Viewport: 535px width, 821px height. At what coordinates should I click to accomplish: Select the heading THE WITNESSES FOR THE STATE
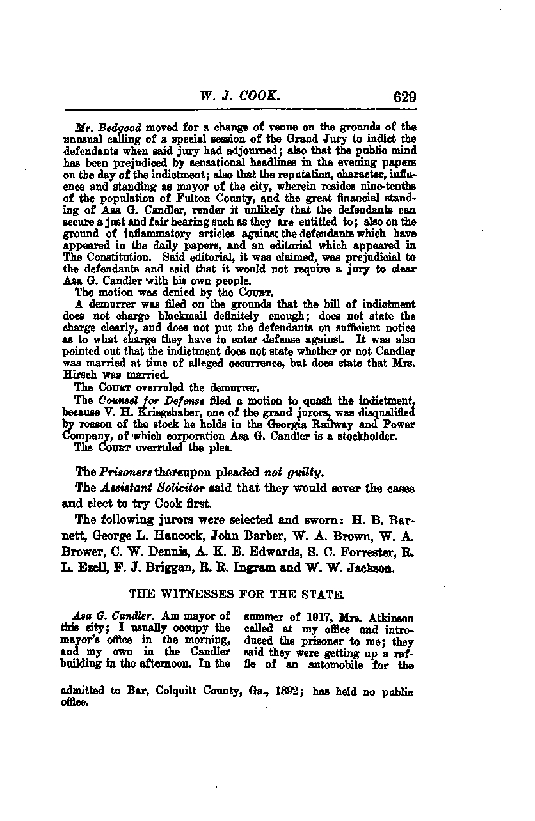(x=237, y=594)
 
